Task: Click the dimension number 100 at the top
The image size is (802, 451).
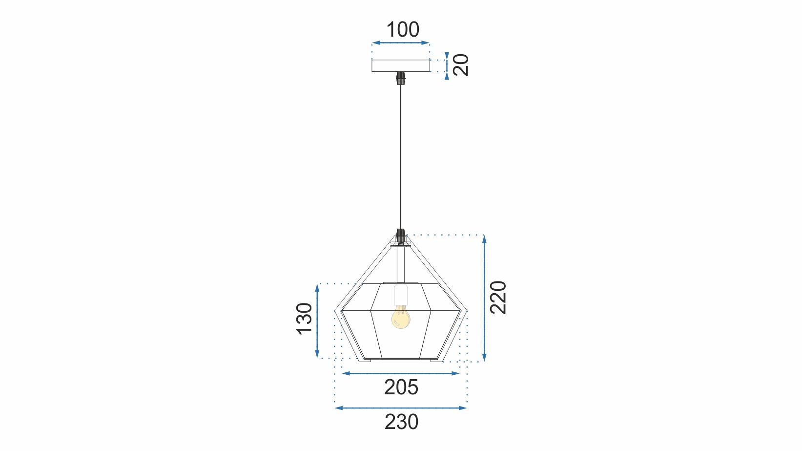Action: (403, 30)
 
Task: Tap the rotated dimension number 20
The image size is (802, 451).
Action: (461, 64)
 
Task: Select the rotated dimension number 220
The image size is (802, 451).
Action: (498, 297)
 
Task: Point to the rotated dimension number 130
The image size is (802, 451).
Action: (305, 319)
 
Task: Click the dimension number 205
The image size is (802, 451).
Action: (401, 387)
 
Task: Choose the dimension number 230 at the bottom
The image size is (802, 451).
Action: (401, 422)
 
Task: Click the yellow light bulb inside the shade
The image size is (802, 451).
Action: (401, 318)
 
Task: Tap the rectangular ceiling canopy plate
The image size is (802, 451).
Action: (400, 65)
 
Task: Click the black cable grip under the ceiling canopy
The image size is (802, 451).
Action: (401, 78)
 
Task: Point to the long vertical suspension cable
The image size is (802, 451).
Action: (401, 156)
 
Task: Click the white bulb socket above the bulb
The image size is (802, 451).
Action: (401, 295)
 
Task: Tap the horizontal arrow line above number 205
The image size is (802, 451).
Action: (401, 373)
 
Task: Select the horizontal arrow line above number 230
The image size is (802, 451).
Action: (401, 408)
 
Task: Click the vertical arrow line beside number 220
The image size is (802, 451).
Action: (484, 298)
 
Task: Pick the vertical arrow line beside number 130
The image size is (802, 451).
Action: (317, 321)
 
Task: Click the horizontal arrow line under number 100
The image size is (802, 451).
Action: (400, 43)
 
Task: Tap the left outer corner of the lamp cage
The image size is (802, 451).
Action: (336, 310)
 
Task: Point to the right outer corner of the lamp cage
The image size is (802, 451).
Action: (467, 310)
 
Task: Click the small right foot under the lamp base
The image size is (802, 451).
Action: (436, 361)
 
